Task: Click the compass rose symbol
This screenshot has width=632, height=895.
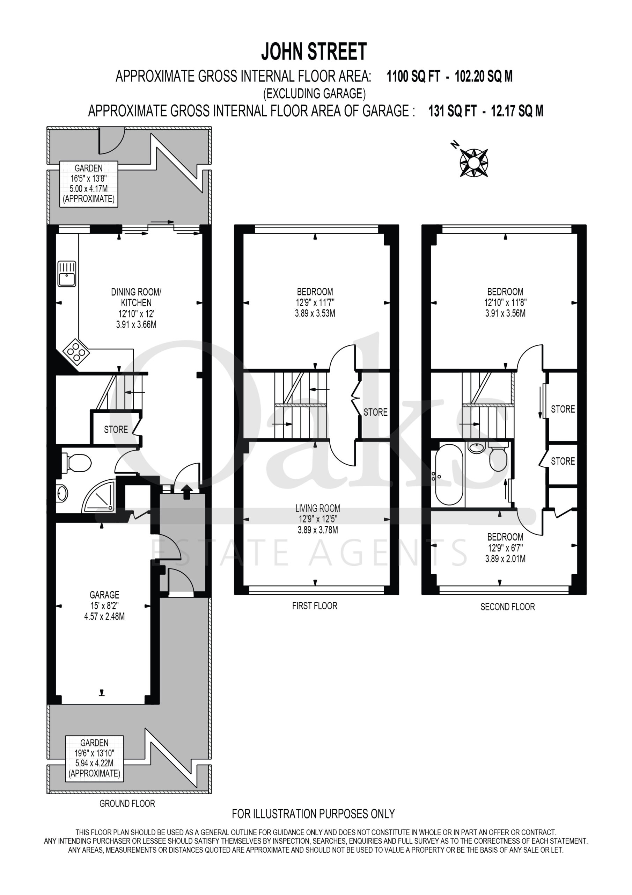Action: coord(474,162)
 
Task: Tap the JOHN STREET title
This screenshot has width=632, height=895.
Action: coord(314,51)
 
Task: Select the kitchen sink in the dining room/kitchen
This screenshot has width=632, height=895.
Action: coord(67,274)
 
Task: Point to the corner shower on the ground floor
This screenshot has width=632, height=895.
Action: coord(100,496)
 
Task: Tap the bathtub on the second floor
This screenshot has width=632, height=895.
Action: coord(449,474)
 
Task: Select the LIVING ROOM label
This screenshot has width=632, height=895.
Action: coord(318,508)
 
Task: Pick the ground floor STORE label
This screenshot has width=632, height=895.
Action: coord(116,430)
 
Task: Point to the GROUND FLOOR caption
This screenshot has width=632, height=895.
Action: coord(127,803)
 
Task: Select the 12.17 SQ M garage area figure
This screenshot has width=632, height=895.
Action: coord(517,111)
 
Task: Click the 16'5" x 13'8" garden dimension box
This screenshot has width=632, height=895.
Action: coord(89,184)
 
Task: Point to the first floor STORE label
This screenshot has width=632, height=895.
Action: coord(375,412)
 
